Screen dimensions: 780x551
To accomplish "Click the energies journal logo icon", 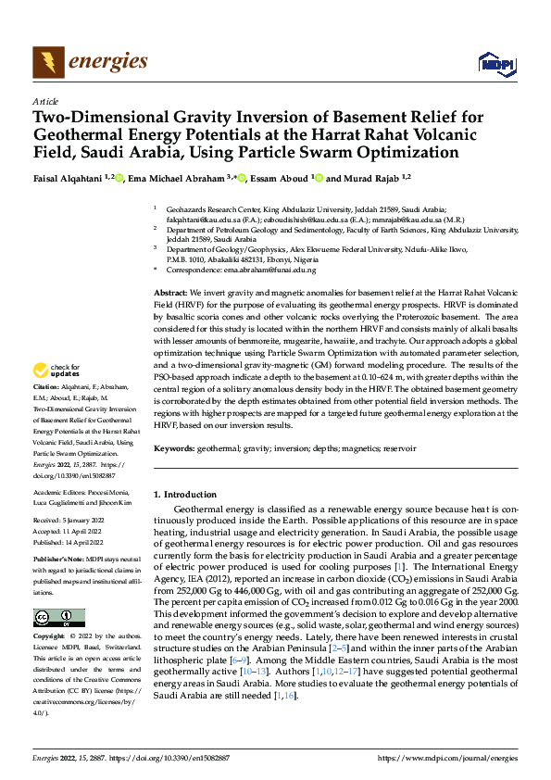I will (45, 63).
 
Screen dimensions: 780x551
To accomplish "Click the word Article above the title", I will (44, 101).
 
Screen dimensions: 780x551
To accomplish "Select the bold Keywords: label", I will (176, 448).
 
